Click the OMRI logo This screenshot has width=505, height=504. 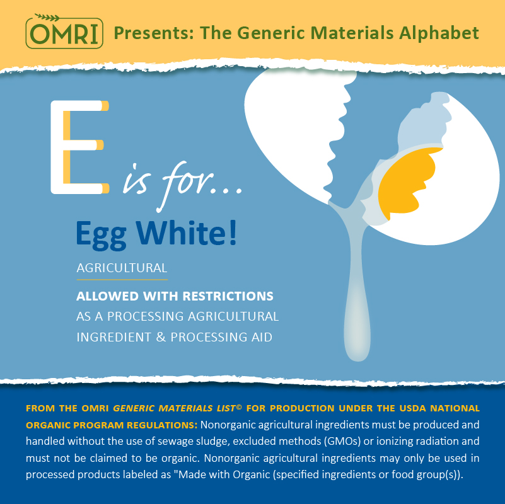click(x=64, y=31)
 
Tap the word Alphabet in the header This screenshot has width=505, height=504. click(x=439, y=33)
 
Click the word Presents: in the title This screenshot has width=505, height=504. click(x=154, y=33)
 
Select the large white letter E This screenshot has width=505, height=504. click(x=80, y=147)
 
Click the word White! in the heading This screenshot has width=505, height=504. click(x=186, y=232)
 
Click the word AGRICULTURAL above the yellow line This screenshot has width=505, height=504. click(x=122, y=268)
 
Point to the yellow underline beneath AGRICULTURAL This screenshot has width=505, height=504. click(x=122, y=279)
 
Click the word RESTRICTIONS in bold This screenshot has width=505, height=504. click(x=228, y=296)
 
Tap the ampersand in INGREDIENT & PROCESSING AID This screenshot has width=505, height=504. click(x=161, y=337)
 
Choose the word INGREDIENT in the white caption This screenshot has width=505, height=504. click(x=113, y=337)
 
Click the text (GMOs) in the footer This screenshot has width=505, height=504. click(x=342, y=441)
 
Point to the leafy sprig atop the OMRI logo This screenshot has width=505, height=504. click(x=47, y=17)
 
